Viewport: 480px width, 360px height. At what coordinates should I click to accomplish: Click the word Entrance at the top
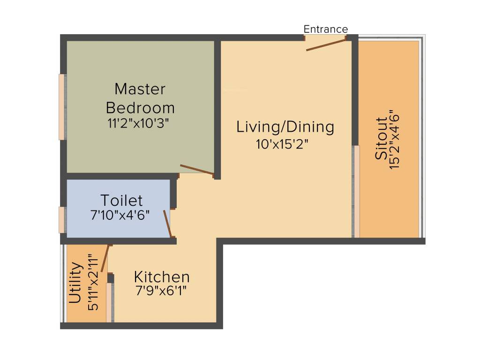326,29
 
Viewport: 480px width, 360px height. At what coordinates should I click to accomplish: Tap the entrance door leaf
326,45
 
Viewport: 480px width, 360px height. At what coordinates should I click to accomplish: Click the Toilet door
167,224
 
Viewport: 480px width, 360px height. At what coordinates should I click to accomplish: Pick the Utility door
105,258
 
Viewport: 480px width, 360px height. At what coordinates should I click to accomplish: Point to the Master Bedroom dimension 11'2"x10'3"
138,123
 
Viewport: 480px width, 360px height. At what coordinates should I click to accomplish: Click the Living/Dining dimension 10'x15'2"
282,143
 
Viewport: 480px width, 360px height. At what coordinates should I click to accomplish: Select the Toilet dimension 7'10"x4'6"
120,215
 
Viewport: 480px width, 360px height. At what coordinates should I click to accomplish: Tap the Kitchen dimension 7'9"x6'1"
162,291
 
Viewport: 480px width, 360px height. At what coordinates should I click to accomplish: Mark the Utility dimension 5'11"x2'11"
93,282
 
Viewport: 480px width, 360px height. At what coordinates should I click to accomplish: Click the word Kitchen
162,277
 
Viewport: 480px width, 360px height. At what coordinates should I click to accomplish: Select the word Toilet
122,201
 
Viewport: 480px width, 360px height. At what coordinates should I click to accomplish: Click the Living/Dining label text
285,127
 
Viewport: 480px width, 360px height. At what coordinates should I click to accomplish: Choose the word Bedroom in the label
140,107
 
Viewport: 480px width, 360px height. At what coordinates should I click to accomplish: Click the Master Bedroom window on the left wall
62,107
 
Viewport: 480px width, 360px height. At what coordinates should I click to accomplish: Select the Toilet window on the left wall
62,219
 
